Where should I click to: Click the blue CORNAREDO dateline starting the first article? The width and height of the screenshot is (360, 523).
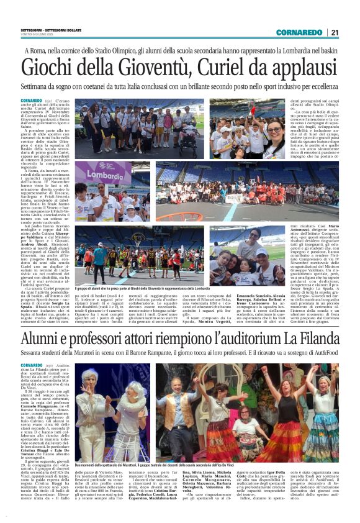click(30, 101)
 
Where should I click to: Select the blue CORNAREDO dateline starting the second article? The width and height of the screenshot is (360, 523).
click(30, 366)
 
